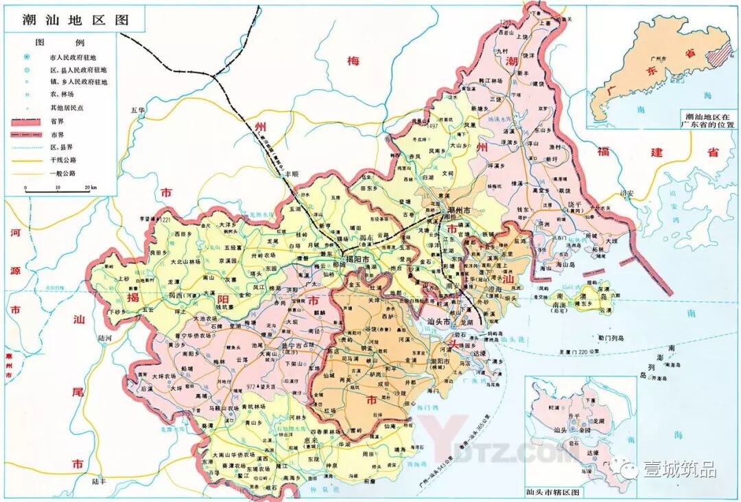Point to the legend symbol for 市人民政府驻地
point(27,56)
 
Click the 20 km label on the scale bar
point(89,187)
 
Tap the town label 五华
point(139,110)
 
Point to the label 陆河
point(105,338)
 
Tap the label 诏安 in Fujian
point(626,194)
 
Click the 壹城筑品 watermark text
point(679,470)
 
